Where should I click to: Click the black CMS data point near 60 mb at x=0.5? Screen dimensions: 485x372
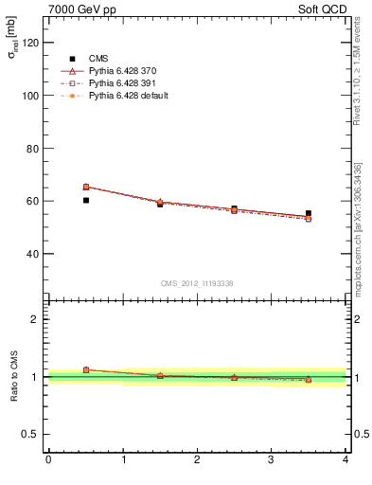tap(86, 200)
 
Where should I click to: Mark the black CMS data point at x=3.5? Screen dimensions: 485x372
tap(309, 213)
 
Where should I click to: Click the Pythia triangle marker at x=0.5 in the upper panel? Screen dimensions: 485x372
tap(86, 187)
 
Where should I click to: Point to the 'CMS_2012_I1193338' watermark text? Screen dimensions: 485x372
tap(196, 282)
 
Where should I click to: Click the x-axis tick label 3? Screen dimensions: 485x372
tap(272, 460)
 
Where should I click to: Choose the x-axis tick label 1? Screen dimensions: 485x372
tap(123, 460)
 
